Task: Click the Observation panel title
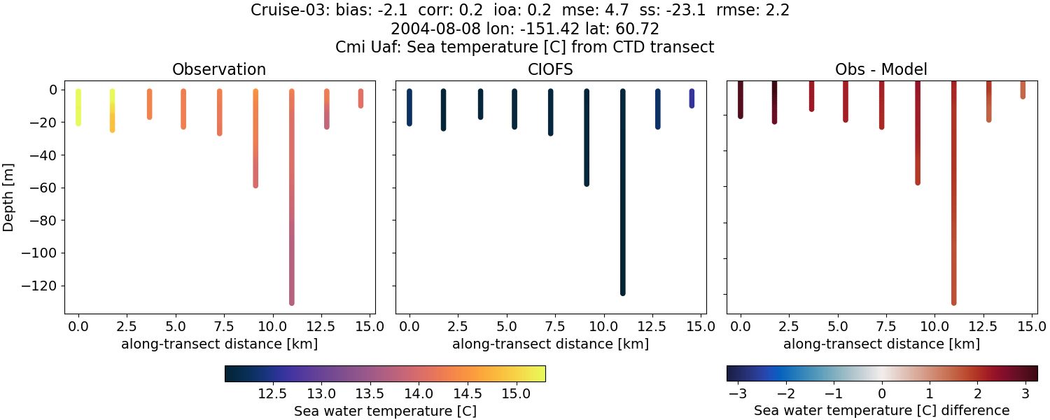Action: point(219,69)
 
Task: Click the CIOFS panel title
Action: point(550,69)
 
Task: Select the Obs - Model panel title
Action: point(881,69)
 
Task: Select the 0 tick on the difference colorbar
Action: point(882,394)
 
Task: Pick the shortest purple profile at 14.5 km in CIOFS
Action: point(692,98)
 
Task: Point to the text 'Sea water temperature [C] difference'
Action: point(881,411)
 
